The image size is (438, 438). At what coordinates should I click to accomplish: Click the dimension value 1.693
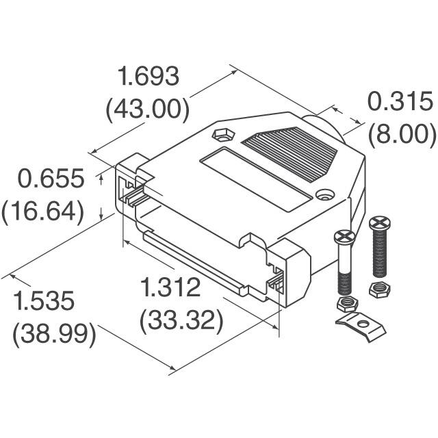click(149, 77)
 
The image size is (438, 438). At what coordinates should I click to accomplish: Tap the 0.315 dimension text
click(400, 102)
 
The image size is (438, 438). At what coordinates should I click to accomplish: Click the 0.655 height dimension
click(51, 179)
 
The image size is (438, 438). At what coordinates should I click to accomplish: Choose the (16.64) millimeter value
click(43, 211)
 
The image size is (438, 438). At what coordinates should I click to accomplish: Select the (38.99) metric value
click(54, 334)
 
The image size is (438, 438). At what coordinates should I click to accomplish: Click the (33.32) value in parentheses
click(181, 320)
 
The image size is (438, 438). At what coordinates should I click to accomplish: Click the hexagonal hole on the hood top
click(222, 136)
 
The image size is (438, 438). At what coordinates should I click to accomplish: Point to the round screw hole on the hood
click(324, 195)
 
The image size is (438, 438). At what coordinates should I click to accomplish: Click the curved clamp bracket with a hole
click(361, 325)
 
